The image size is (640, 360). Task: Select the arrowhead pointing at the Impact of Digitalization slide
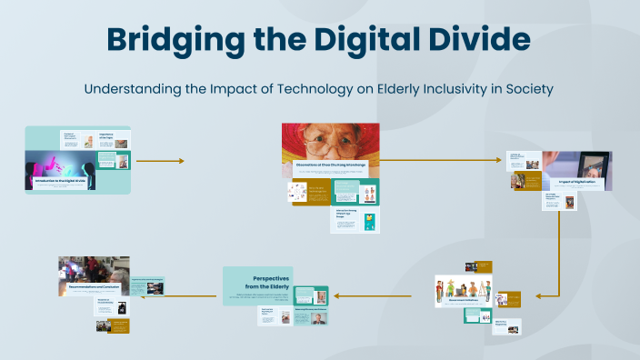[498, 160]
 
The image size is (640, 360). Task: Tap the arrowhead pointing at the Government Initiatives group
[540, 295]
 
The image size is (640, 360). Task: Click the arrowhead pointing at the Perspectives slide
[335, 295]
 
